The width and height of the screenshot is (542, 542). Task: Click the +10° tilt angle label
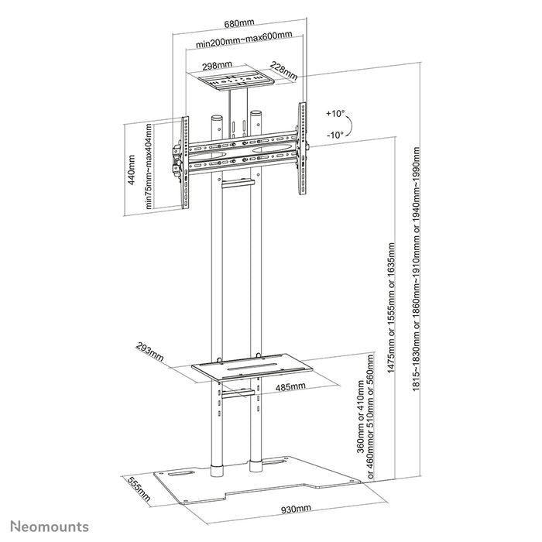pyautogui.click(x=334, y=114)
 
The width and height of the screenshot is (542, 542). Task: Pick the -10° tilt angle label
pyautogui.click(x=334, y=134)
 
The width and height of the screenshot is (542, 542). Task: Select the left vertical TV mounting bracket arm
pyautogui.click(x=184, y=163)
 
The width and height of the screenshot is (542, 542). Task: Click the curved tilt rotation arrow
pyautogui.click(x=348, y=124)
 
